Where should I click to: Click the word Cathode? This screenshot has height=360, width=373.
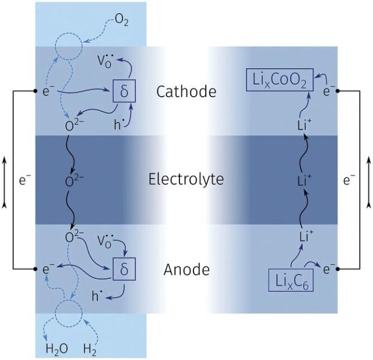(x=186, y=92)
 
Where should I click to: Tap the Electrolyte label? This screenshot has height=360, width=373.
(x=186, y=179)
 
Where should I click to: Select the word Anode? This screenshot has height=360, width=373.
(x=186, y=270)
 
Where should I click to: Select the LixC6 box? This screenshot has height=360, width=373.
(x=291, y=281)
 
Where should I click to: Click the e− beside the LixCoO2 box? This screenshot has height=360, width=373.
(x=330, y=92)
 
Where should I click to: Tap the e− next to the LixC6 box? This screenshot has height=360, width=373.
(x=330, y=269)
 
